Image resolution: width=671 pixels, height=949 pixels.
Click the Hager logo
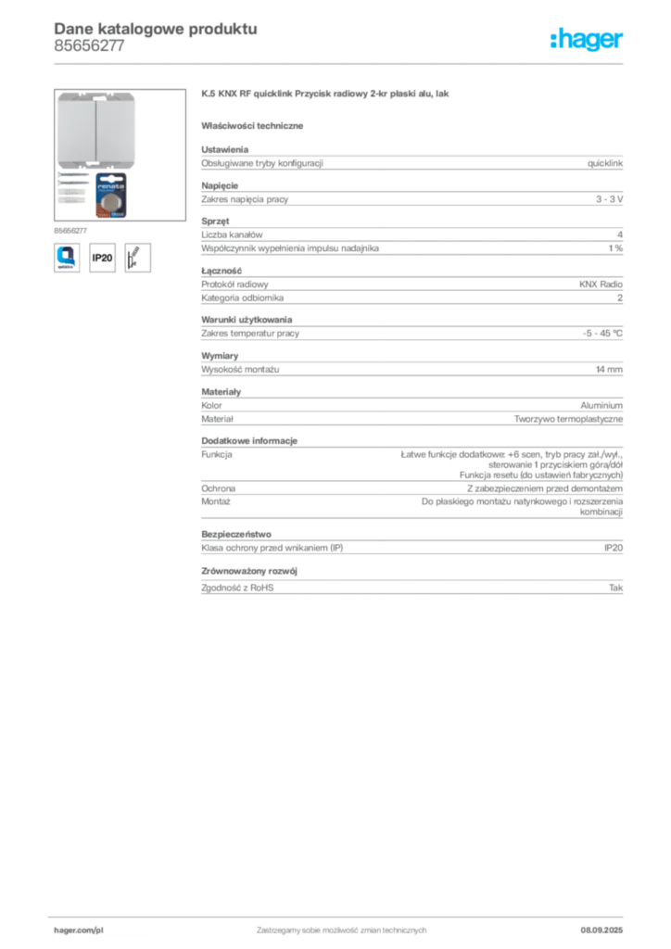coord(586,39)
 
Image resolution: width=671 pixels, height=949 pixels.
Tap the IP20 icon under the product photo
coord(102,258)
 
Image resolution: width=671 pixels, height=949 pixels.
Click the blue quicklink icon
coord(67,258)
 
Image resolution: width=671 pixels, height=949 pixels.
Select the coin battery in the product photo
coord(110,196)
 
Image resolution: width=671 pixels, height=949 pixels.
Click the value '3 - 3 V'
coord(609,199)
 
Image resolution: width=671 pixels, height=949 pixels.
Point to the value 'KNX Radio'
coord(601,284)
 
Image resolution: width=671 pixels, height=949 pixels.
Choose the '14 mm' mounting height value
coord(609,369)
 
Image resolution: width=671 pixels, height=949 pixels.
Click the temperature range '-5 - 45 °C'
coord(602,334)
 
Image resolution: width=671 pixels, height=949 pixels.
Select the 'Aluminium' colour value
coord(601,406)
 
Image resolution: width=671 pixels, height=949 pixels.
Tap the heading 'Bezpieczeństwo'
coord(236,535)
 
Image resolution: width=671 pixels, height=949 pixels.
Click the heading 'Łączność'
coord(222,271)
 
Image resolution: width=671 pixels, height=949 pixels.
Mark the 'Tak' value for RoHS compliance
coord(616,588)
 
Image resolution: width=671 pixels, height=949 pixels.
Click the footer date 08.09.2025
coord(601,930)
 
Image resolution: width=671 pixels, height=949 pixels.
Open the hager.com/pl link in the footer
coord(79,930)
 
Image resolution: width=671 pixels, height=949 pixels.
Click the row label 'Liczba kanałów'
coord(232,234)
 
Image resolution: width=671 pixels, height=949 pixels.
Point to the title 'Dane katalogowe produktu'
coord(156,29)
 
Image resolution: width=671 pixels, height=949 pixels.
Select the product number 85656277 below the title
coord(89,46)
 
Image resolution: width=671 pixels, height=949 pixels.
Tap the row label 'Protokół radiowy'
coord(234,285)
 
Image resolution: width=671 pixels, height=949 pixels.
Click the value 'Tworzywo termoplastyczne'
coord(568,419)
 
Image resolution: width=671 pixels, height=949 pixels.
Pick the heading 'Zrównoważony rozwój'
coord(249,571)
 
